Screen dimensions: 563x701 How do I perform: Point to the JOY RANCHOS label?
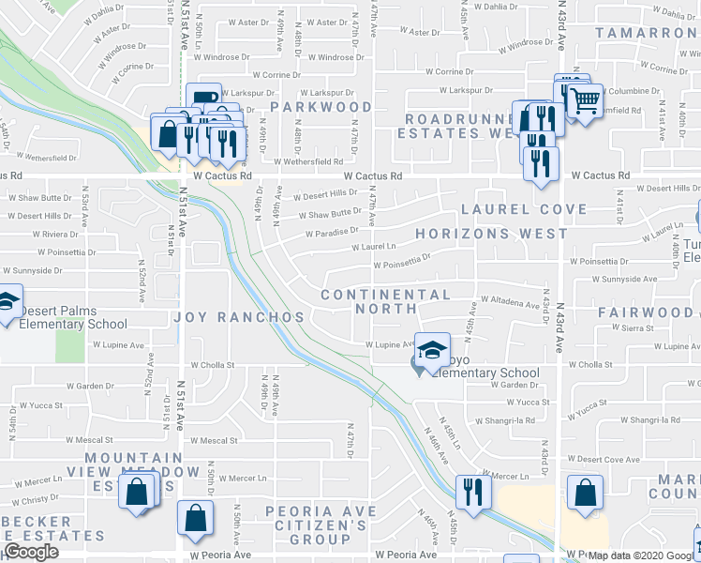(x=239, y=317)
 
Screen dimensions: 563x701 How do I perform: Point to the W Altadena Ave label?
(x=510, y=303)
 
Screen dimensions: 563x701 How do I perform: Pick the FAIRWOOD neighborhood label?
(x=647, y=312)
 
